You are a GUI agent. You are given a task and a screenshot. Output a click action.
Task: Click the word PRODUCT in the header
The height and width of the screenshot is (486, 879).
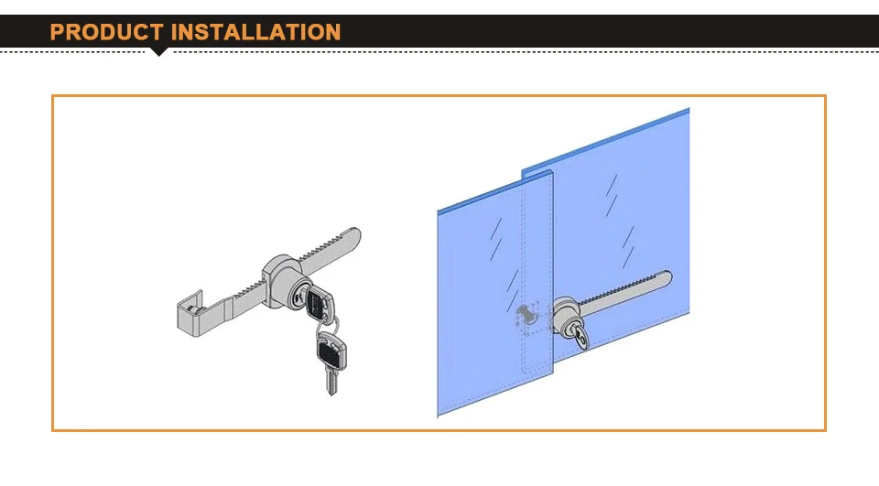[106, 32]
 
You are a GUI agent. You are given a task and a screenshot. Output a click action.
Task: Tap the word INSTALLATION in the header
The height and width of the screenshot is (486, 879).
[255, 32]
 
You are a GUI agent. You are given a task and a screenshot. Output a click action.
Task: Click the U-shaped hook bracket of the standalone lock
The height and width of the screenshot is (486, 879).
[191, 315]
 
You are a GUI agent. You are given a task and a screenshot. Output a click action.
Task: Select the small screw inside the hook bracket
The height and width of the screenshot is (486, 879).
[193, 309]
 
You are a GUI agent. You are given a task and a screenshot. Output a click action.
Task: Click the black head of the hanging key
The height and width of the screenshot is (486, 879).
[331, 351]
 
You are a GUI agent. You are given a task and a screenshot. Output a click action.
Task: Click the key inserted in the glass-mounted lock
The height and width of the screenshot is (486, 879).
[581, 336]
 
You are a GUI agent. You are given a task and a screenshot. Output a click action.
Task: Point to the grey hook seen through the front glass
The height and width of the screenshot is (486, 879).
[526, 315]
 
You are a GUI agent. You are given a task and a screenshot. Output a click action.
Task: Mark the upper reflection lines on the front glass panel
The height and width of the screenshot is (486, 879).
[496, 239]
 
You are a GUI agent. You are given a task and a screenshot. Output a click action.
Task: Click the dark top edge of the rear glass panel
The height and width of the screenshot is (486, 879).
[605, 139]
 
